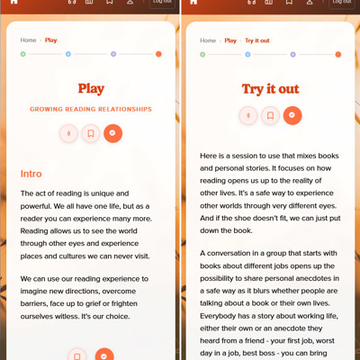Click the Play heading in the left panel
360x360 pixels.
pos(91,89)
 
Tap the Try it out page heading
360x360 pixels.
pos(271,89)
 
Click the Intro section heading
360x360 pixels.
pos(31,174)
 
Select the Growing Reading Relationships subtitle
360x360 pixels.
pos(91,109)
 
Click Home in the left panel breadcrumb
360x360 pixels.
pos(28,40)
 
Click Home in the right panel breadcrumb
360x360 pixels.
pos(208,40)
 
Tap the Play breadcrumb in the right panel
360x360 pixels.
pos(230,40)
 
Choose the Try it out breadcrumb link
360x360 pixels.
pos(257,40)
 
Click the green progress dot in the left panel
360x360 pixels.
pos(23,54)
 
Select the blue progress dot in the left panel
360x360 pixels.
pos(68,54)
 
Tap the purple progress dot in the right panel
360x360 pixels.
pos(293,55)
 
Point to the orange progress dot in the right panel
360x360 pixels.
pos(338,55)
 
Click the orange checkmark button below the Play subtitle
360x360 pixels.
pos(112,133)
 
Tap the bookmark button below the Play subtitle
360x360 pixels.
pos(91,133)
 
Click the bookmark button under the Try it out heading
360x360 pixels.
pos(270,115)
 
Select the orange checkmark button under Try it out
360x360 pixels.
pos(292,115)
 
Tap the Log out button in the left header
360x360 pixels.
pos(162,3)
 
